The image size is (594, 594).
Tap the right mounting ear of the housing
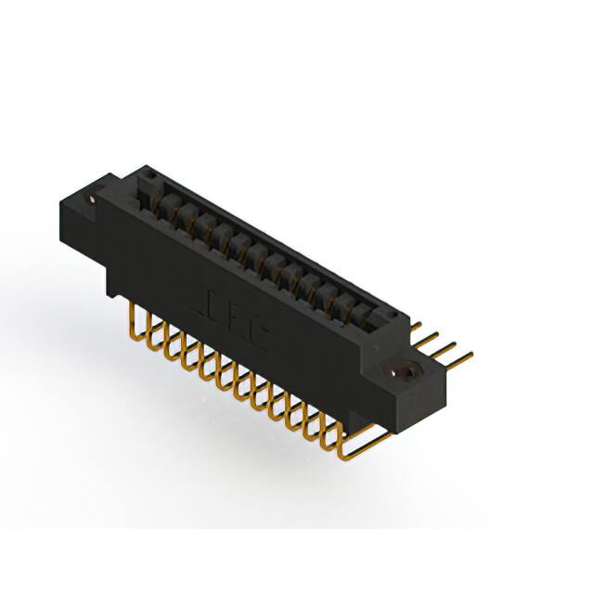tap(408, 381)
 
